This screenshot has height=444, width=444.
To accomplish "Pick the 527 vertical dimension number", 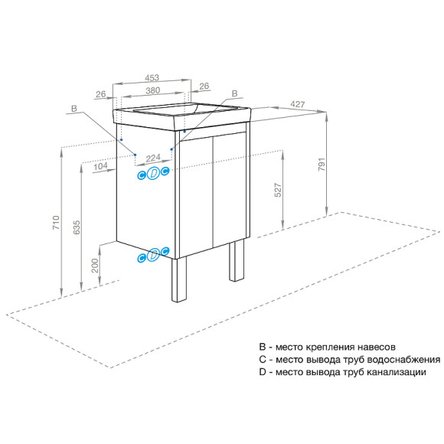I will [x=278, y=188].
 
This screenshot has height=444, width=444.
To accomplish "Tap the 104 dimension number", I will [x=100, y=166].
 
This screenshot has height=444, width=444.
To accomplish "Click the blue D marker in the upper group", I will [x=153, y=174].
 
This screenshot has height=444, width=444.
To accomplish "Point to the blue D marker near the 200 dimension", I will [x=153, y=255].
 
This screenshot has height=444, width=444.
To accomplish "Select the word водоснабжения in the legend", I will [x=401, y=359].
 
